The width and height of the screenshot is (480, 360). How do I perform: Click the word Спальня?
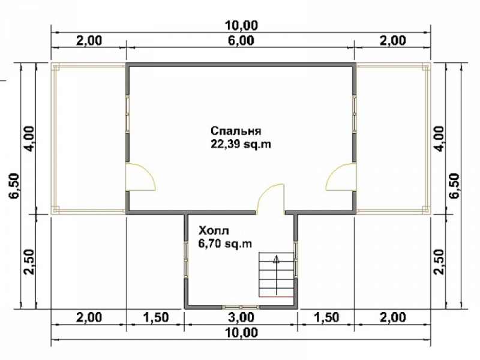coord(236,131)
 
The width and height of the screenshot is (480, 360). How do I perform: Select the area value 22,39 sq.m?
coord(241,144)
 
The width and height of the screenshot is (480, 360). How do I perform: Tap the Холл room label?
coord(214,230)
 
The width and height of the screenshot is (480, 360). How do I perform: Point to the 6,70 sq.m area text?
coord(225,244)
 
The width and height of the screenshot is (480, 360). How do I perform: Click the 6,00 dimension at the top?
coord(241,40)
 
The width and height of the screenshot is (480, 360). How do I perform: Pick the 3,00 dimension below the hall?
coord(241,317)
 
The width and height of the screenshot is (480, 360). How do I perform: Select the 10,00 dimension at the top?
coord(241,25)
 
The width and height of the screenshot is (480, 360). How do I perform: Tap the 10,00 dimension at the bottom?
coord(241,333)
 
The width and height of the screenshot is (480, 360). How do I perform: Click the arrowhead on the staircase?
coord(277,260)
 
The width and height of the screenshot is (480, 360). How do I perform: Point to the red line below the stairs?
coord(277,296)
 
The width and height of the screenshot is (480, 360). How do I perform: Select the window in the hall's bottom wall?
coord(241,307)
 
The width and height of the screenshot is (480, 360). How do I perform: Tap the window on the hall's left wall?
coord(186,260)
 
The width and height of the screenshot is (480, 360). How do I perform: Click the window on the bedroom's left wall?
coord(127,115)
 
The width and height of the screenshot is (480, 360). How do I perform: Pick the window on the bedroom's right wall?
coord(355,115)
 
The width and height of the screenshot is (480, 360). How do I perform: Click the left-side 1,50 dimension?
coord(155,317)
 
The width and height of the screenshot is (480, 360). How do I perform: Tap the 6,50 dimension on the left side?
coord(14,186)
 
